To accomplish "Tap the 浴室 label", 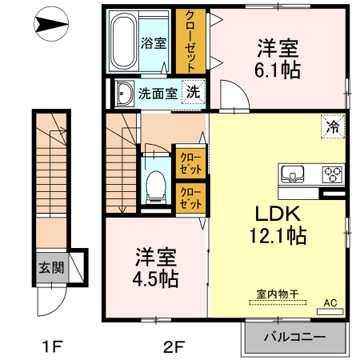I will pos(154,43).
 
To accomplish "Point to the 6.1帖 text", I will pos(279,70).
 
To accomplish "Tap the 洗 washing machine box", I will pos(194,91).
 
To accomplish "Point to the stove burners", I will pos(332,174).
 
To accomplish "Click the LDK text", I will pos(277,214).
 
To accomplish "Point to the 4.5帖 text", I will pos(155,279).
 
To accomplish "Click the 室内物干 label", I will pos(277,295).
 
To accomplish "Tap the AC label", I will pos(330,303).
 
